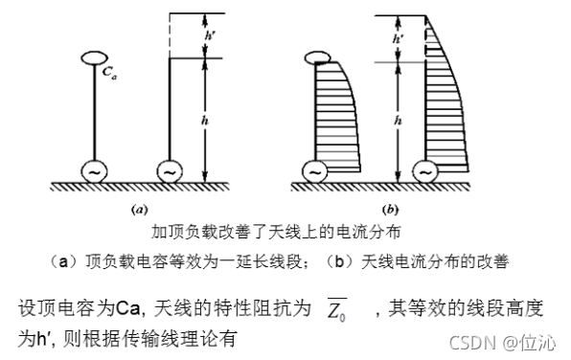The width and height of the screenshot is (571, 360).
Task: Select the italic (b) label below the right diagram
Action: click(390, 208)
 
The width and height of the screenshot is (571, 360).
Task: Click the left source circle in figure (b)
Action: click(313, 170)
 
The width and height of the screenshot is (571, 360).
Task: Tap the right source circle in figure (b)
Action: click(424, 170)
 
